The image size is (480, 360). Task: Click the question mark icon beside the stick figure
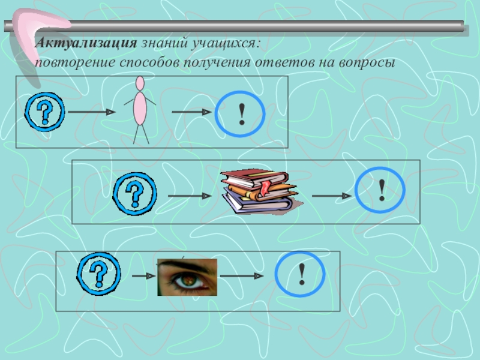click(x=44, y=111)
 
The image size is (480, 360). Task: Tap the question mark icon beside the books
click(x=135, y=192)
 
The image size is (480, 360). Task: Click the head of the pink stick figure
click(x=140, y=82)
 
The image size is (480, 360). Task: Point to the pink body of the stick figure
click(x=140, y=108)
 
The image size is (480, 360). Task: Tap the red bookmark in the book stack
click(x=265, y=187)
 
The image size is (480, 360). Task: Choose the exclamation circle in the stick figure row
click(x=241, y=112)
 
